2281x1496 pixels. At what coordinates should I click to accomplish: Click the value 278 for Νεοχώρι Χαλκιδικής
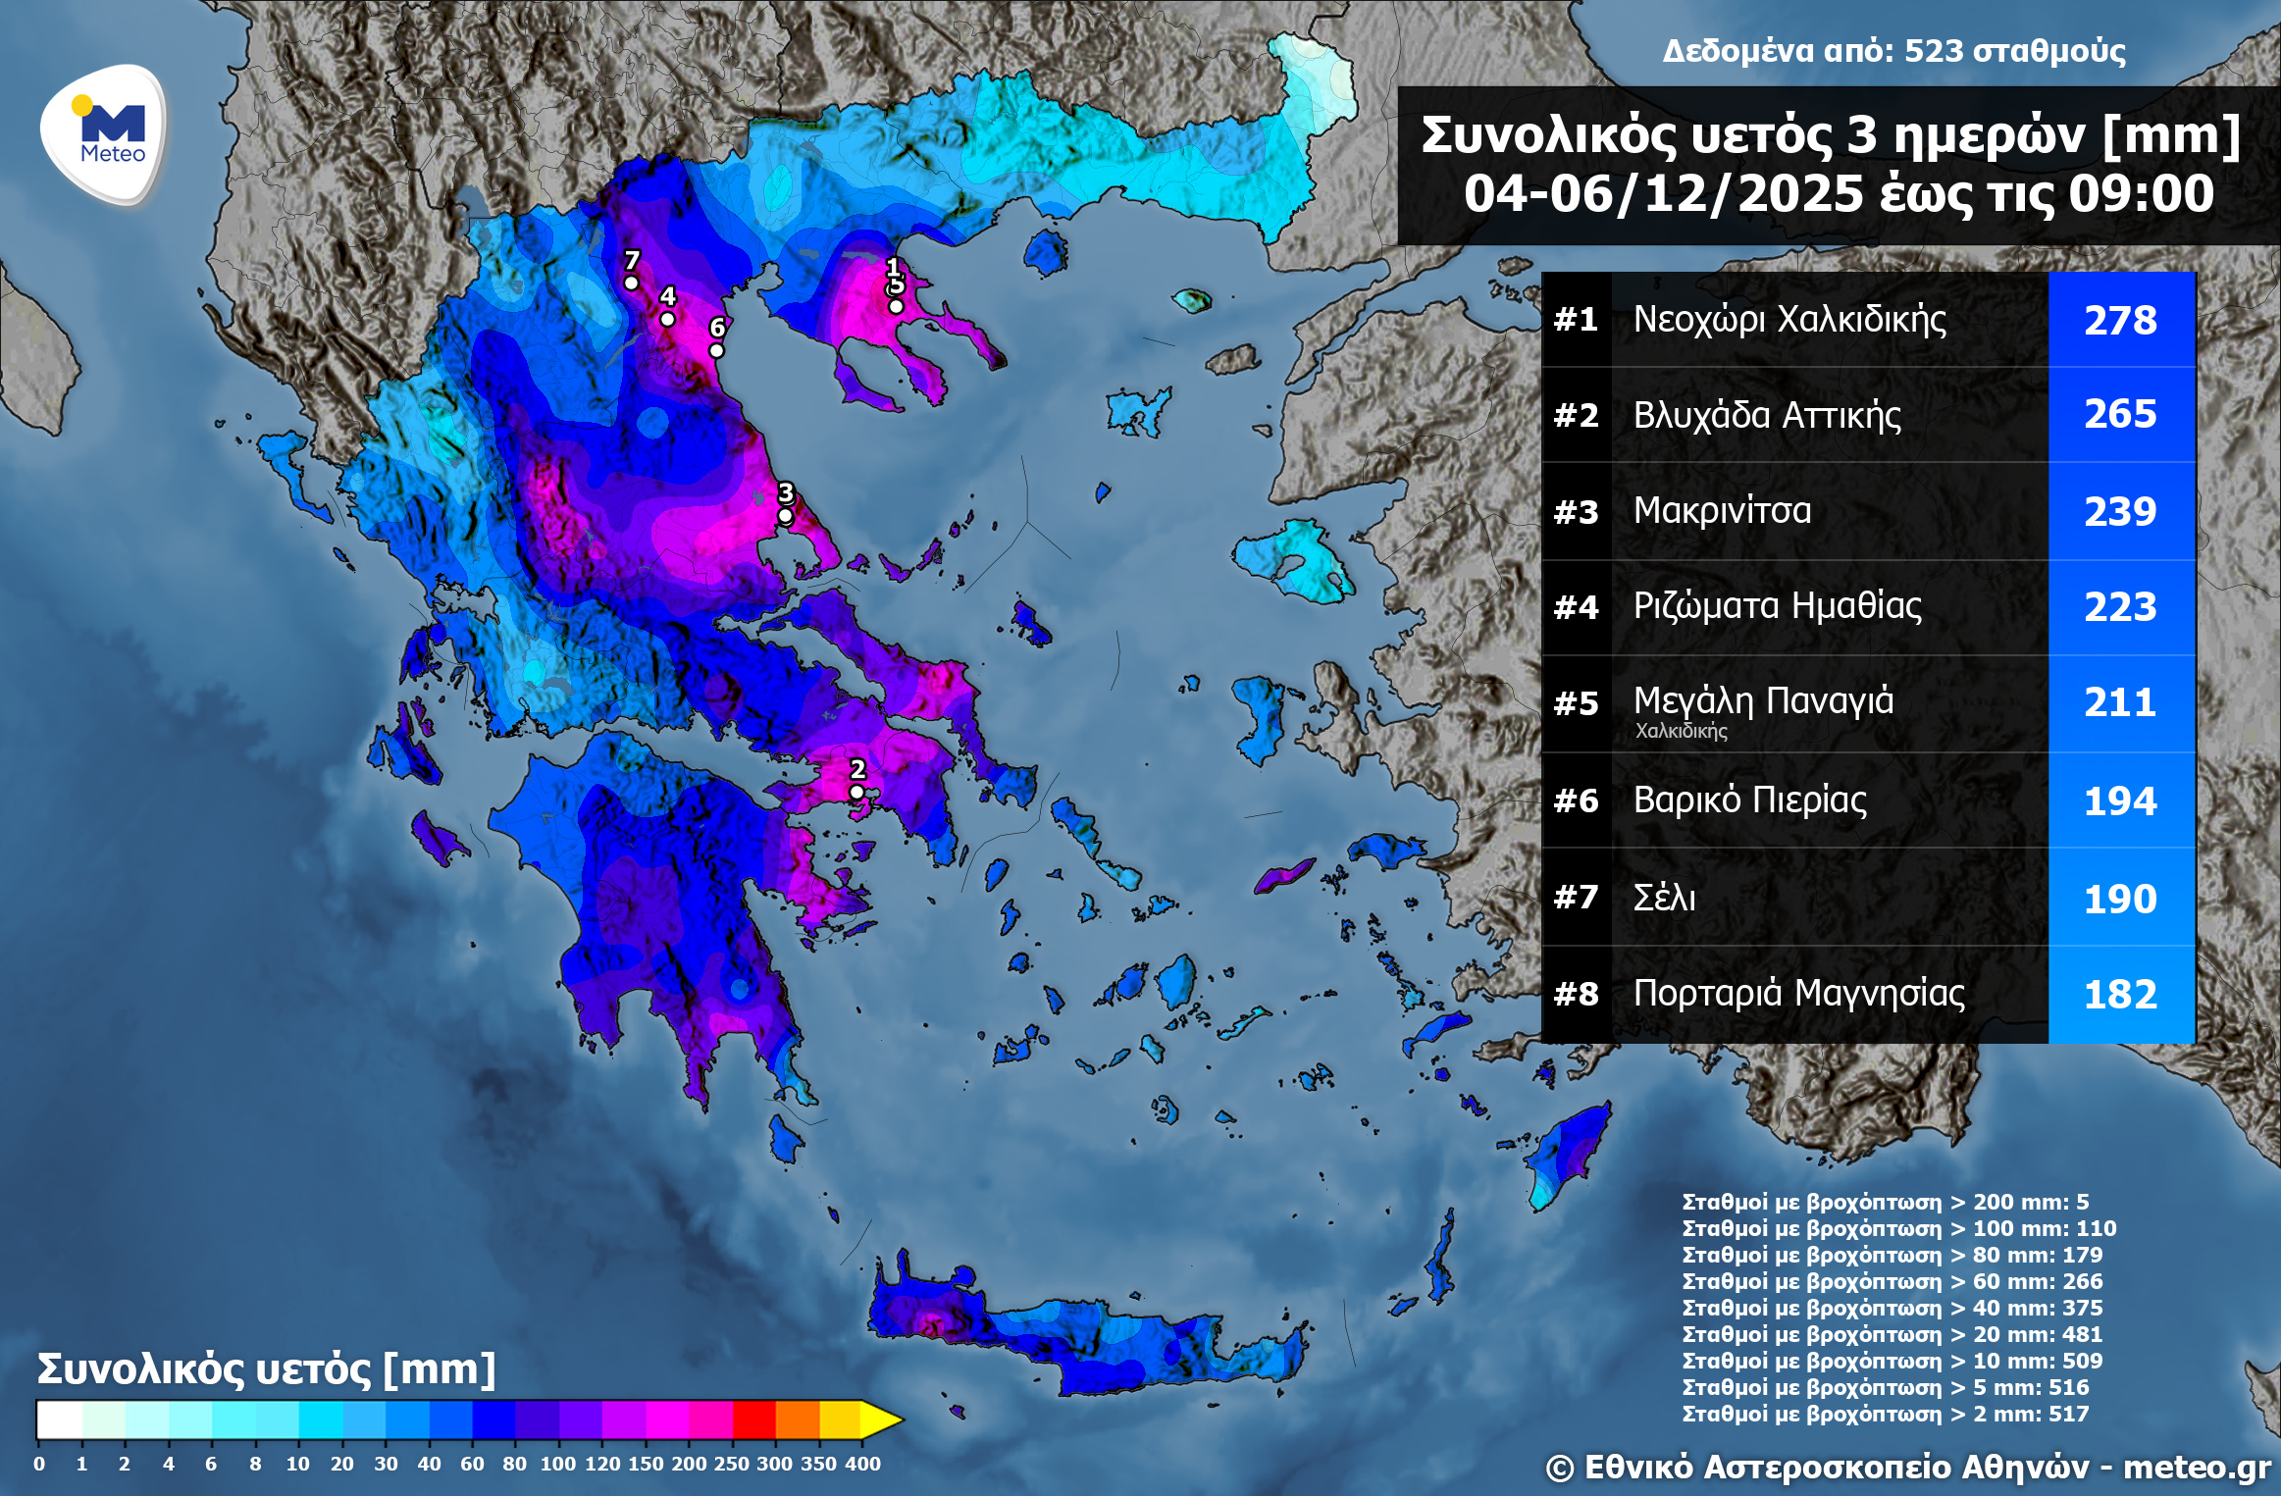tap(2120, 320)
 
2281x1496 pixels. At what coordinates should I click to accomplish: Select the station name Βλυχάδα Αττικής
tap(1766, 415)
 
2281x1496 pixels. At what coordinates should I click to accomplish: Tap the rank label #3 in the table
tap(1576, 511)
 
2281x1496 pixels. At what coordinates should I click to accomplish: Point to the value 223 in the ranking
tap(2120, 606)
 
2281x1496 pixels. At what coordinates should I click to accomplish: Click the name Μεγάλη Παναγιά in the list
tap(1763, 700)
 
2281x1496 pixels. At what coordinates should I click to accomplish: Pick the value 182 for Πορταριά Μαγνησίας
tap(2120, 994)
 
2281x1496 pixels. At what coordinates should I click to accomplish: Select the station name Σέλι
tap(1664, 898)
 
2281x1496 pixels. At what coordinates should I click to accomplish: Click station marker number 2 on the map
tap(856, 792)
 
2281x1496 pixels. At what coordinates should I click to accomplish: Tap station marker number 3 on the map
tap(785, 516)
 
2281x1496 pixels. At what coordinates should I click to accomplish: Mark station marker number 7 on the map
tap(632, 284)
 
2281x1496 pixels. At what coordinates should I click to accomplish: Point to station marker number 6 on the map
tap(716, 350)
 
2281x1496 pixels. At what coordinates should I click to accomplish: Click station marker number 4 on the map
tap(667, 319)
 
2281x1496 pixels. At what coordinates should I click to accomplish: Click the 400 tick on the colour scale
tap(862, 1463)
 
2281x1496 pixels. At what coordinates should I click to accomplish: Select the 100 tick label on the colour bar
tap(557, 1463)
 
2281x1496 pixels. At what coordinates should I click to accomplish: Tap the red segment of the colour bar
tap(753, 1419)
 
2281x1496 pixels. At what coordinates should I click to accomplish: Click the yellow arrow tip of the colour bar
tap(883, 1419)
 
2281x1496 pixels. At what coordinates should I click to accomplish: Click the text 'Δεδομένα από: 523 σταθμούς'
tap(1893, 51)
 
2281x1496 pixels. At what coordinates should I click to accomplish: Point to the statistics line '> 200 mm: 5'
tap(1885, 1202)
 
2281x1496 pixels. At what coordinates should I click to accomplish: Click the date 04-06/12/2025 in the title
tap(1663, 193)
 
